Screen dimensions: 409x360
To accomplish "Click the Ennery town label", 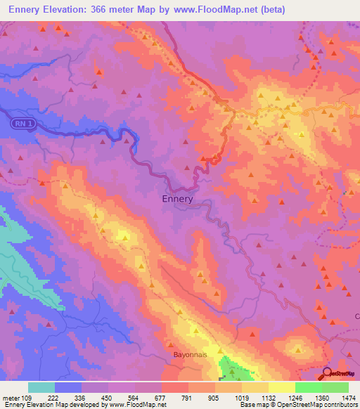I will coord(172,199).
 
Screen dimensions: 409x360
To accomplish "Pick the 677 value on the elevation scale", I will coord(162,398).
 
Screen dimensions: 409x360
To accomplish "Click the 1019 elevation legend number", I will coord(243,398).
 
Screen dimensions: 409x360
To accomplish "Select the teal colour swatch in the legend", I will coord(41,387).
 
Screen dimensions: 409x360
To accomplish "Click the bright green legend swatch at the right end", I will coord(335,387).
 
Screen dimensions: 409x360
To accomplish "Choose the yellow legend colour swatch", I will coord(281,387).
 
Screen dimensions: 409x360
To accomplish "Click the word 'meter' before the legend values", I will coord(11,398).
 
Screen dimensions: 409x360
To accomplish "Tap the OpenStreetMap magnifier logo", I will coord(328,373).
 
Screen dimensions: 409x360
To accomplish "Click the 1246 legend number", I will coord(295,398).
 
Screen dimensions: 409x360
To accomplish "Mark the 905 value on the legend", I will coord(216,398).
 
